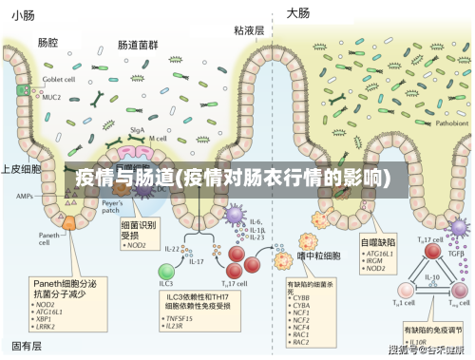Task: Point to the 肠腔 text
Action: (47, 42)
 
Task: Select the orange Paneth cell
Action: (69, 223)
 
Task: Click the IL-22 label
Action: (171, 248)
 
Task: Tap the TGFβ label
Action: (457, 254)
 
